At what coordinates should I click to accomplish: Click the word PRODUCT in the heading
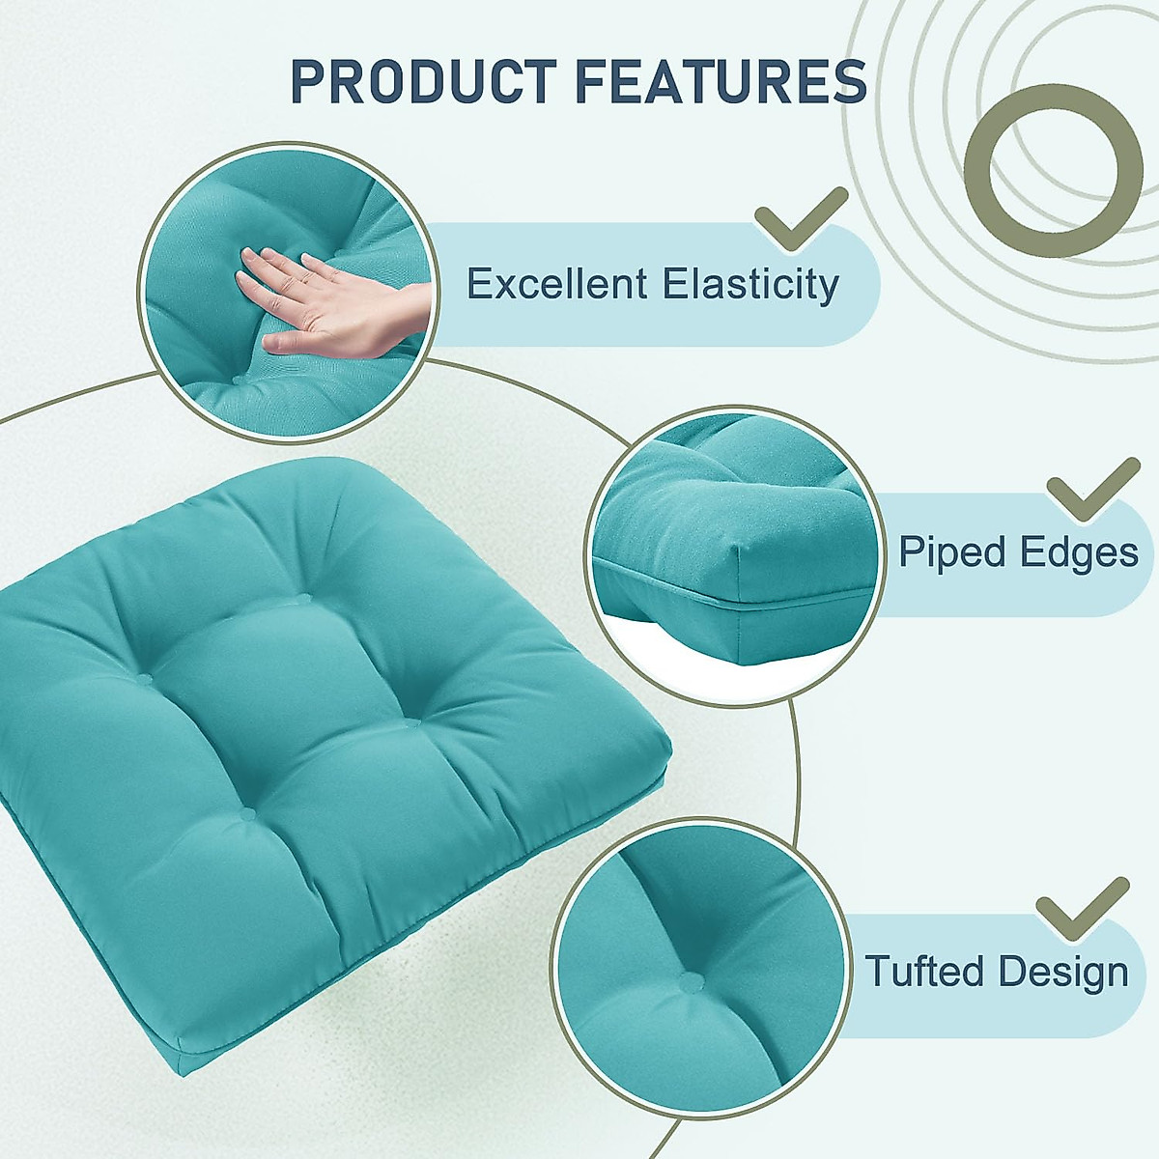423,81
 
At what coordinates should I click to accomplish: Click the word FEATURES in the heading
716,81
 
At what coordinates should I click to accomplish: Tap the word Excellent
556,285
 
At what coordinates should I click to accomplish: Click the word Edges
1082,552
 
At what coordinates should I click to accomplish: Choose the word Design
1063,971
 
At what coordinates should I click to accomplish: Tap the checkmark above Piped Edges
1091,490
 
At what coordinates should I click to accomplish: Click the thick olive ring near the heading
1053,171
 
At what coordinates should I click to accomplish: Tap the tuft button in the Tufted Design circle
688,983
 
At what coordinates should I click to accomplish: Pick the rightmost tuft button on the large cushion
412,721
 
